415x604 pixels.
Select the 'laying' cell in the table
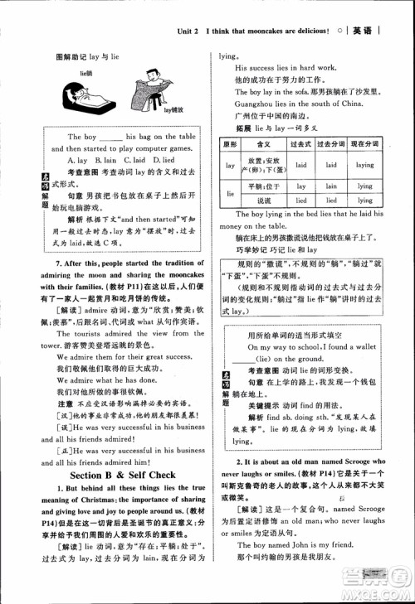(x=364, y=165)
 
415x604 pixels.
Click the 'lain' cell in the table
(x=331, y=186)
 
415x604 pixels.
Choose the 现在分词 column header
(x=364, y=144)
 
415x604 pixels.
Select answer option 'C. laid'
(x=138, y=160)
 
